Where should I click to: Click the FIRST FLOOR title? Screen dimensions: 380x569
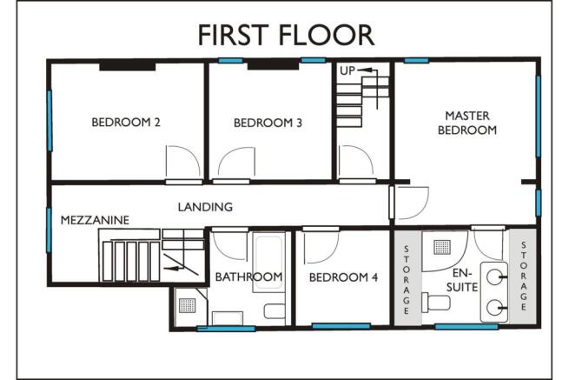pyautogui.click(x=285, y=34)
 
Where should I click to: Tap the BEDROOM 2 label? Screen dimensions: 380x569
pyautogui.click(x=126, y=123)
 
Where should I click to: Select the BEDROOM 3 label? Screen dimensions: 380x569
pyautogui.click(x=268, y=123)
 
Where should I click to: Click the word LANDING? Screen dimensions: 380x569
pyautogui.click(x=205, y=207)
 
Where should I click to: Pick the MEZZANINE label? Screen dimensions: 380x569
pyautogui.click(x=95, y=221)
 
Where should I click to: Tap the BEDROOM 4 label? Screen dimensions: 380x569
pyautogui.click(x=344, y=277)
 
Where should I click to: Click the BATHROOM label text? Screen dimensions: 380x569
pyautogui.click(x=249, y=277)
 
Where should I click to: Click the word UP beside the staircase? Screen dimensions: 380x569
pyautogui.click(x=347, y=70)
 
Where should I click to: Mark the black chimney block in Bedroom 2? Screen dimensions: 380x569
pyautogui.click(x=127, y=65)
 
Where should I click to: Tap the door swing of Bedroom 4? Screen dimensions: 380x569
pyautogui.click(x=319, y=243)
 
